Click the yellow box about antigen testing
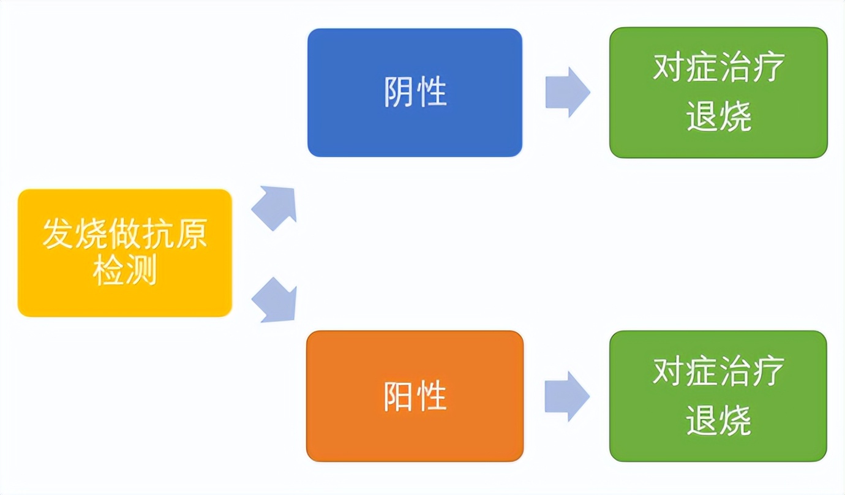(x=125, y=253)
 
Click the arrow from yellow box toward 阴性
(x=276, y=206)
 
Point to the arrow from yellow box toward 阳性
(x=276, y=300)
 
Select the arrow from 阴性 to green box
(x=568, y=93)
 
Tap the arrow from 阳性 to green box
(x=568, y=396)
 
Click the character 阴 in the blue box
(x=399, y=93)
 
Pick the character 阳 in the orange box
(x=399, y=396)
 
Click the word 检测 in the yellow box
(x=125, y=270)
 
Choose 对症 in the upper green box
(x=685, y=68)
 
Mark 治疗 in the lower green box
(x=752, y=371)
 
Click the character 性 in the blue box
(x=431, y=93)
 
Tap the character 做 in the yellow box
(x=125, y=235)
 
